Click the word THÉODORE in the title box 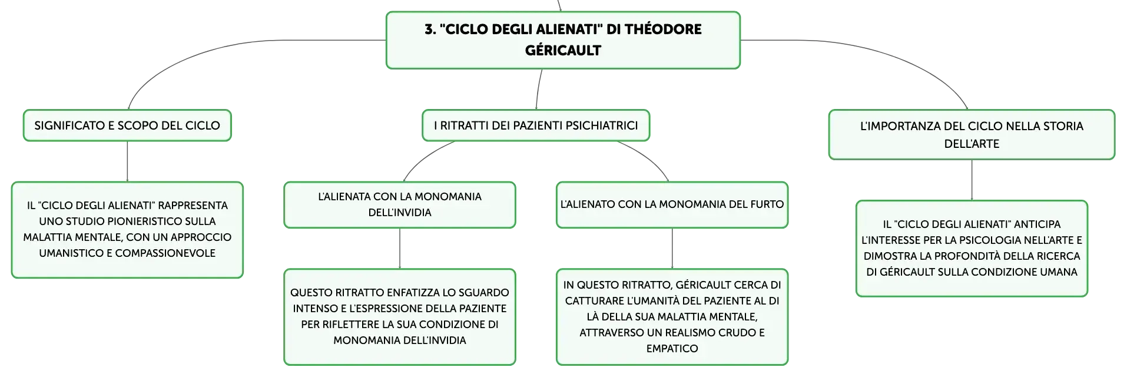pos(663,29)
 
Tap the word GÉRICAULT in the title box pos(563,50)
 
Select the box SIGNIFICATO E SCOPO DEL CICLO pos(127,125)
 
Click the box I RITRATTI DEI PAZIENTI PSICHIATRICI pos(536,125)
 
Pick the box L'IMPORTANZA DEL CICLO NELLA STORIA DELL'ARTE pos(972,134)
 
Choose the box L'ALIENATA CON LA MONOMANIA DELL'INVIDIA pos(400,204)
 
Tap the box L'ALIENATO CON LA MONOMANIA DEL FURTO pos(672,204)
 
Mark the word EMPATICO pos(672,349)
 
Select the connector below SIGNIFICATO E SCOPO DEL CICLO pos(127,161)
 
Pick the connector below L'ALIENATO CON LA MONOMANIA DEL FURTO pos(672,249)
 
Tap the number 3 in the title pos(429,29)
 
